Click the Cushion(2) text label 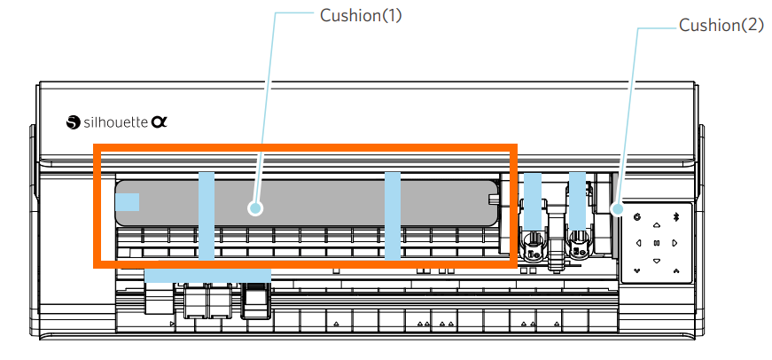pyautogui.click(x=721, y=26)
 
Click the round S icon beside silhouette pyautogui.click(x=73, y=123)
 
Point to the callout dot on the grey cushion pyautogui.click(x=255, y=207)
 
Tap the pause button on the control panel pyautogui.click(x=657, y=242)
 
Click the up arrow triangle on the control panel pyautogui.click(x=657, y=223)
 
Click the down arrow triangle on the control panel pyautogui.click(x=657, y=261)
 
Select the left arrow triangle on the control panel pyautogui.click(x=638, y=242)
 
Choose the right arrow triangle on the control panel pyautogui.click(x=675, y=242)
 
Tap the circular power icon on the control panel pyautogui.click(x=637, y=216)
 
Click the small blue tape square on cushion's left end pyautogui.click(x=127, y=203)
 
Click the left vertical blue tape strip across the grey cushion pyautogui.click(x=207, y=215)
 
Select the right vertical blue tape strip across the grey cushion pyautogui.click(x=392, y=215)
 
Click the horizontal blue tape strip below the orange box pyautogui.click(x=207, y=276)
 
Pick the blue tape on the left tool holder pyautogui.click(x=532, y=200)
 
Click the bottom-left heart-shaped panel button pyautogui.click(x=637, y=270)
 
